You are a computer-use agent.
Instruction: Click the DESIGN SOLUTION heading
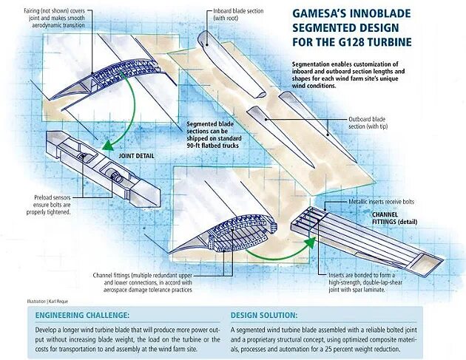click(264, 314)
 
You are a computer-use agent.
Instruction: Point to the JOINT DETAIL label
click(137, 157)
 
